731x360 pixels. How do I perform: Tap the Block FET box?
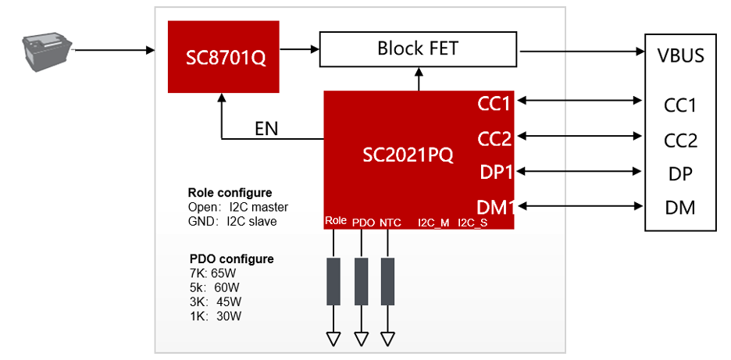tap(418, 49)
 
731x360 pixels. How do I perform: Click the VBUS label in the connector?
tap(681, 56)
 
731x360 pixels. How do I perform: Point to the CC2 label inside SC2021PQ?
tap(494, 139)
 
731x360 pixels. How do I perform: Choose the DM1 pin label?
tap(494, 207)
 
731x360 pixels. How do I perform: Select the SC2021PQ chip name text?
tap(408, 155)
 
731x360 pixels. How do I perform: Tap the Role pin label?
tap(335, 223)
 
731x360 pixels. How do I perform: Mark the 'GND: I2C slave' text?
tap(232, 221)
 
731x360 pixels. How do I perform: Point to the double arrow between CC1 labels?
tap(579, 100)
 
